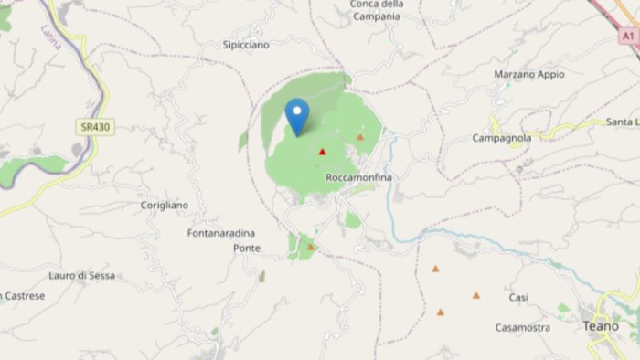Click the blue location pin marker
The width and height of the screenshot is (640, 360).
click(296, 114)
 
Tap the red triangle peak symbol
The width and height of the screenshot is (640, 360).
click(322, 152)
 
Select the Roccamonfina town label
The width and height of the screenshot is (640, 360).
click(357, 177)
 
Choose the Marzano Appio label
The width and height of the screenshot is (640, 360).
click(528, 74)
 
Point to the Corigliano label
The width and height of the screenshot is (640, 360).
click(165, 206)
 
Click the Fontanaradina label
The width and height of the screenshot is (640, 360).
click(220, 233)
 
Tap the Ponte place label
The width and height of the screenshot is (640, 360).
click(246, 248)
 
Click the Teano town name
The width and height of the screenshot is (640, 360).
click(600, 326)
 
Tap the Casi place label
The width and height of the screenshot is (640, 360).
click(518, 298)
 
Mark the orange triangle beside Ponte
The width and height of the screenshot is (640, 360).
click(311, 247)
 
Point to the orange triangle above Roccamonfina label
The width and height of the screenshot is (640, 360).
click(360, 137)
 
